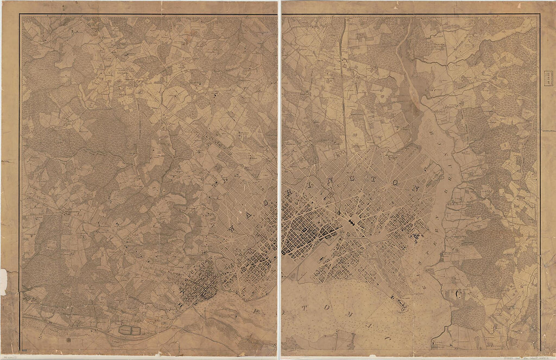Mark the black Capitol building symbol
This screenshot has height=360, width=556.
click(350, 222)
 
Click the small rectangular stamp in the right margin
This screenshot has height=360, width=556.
click(547, 79)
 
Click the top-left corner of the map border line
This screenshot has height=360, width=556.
click(20, 15)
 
